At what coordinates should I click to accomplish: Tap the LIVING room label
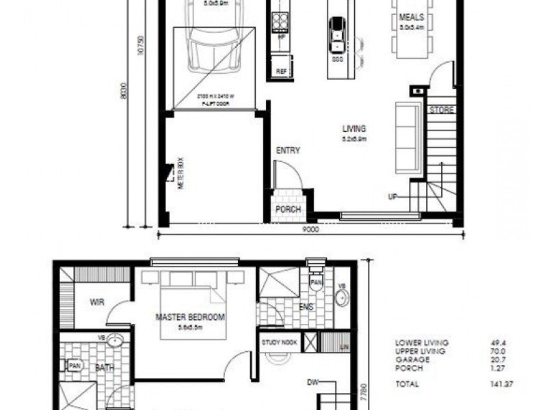(354, 128)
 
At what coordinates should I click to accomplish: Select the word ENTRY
(288, 151)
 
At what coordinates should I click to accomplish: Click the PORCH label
(289, 209)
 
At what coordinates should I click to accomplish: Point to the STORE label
(441, 109)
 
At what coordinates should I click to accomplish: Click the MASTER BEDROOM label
(190, 317)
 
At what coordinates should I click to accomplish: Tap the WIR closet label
(96, 301)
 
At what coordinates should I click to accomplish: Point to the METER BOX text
(181, 175)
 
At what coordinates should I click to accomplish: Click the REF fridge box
(281, 71)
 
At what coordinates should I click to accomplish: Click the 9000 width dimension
(310, 230)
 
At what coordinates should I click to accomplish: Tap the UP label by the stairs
(392, 197)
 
